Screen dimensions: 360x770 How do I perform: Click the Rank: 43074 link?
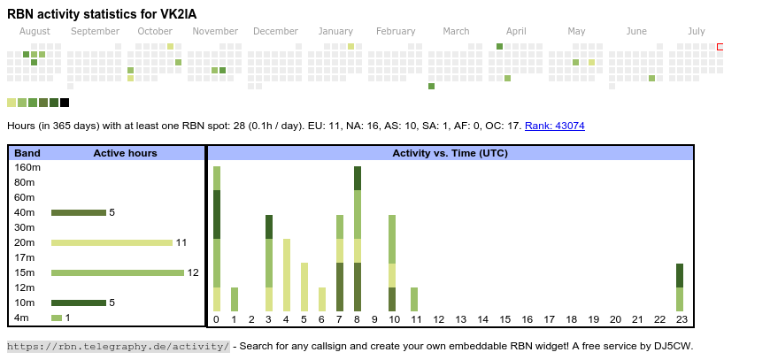[554, 126]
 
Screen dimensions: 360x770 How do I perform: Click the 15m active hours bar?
[118, 272]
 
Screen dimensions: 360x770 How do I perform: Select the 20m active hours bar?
[112, 242]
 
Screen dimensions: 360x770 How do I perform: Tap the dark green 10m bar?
[79, 303]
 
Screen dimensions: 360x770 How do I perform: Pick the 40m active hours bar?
[79, 212]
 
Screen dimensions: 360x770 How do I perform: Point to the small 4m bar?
[57, 318]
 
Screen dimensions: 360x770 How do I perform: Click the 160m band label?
[27, 167]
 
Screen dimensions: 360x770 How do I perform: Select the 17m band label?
[25, 257]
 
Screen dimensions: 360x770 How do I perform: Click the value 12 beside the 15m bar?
[193, 272]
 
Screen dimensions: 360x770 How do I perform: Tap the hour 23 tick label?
[680, 319]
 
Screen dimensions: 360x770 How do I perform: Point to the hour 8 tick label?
[358, 319]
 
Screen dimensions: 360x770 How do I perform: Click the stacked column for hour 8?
[358, 239]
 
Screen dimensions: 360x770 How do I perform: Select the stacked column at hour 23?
[680, 287]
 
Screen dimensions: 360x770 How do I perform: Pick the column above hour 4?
[287, 275]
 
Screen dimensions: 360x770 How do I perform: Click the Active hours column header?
[125, 153]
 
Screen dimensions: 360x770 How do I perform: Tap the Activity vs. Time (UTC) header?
[450, 153]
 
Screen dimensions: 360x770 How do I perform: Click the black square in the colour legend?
[65, 103]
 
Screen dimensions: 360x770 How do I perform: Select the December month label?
[275, 31]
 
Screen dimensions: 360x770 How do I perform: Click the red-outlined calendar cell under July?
[720, 46]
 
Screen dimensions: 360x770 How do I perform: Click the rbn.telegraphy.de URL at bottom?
[119, 346]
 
